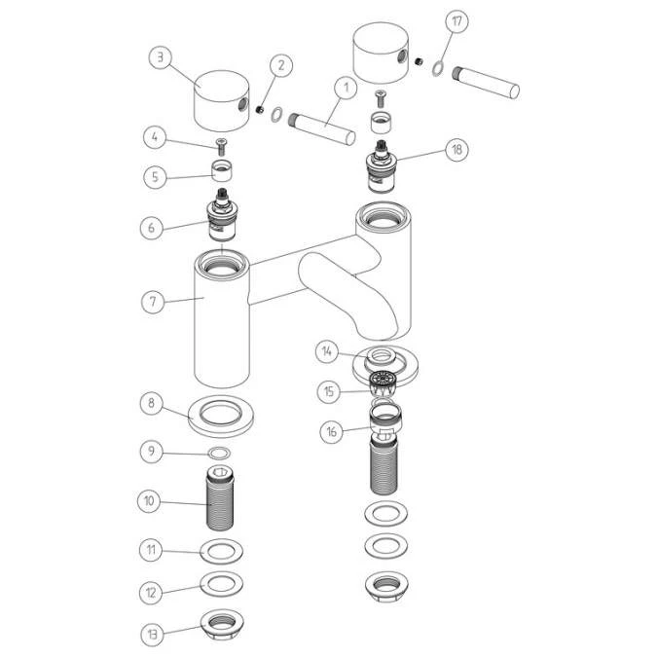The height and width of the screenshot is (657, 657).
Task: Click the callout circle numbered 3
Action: coord(160,57)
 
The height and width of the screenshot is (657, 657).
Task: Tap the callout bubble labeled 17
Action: coord(456,21)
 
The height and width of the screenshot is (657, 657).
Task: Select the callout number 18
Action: coord(456,149)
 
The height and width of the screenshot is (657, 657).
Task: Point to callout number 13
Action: coord(152,635)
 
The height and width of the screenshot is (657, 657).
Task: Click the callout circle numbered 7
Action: coord(153,302)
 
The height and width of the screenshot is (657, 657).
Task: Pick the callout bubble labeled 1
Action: coord(346,89)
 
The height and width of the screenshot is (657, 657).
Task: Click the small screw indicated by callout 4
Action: coord(221,146)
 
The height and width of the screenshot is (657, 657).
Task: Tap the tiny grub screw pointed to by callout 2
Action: coord(259,109)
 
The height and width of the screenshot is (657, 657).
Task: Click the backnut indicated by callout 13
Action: coord(222,624)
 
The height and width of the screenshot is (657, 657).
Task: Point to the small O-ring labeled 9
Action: coord(219,454)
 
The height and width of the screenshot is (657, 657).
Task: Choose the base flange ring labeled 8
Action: coord(221,417)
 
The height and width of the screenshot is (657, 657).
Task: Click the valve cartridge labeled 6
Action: coord(221,215)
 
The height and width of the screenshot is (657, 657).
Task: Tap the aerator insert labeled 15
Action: coord(383,383)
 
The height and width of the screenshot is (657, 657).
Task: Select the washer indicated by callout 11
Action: coord(222,552)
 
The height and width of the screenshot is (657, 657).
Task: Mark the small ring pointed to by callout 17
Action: coord(438,68)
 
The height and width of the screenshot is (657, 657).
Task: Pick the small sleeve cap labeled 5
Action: coord(222,170)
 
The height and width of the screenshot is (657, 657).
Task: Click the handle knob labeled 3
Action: coord(222,101)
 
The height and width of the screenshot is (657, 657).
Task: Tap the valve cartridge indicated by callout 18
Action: coord(381,166)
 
